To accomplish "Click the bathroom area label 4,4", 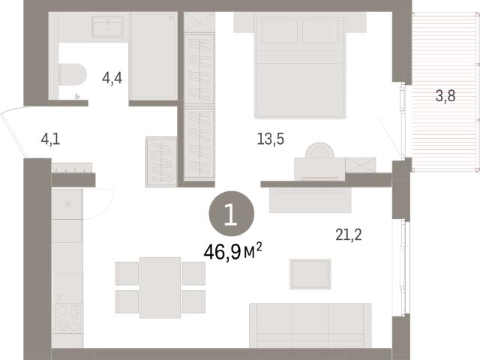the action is (112, 79).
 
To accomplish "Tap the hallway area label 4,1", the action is (50, 139).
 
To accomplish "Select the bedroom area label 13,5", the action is (271, 139).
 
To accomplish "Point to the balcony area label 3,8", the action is (445, 96).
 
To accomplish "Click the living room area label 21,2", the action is (349, 235).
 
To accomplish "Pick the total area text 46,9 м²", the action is (233, 252).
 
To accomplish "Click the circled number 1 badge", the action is (232, 213).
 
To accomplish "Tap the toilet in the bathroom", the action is (72, 74).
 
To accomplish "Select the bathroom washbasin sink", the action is (108, 27).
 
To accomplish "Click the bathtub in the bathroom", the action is (154, 55).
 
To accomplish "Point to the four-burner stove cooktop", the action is (68, 318).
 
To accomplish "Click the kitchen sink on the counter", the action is (67, 204).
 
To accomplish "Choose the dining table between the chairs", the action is (160, 287).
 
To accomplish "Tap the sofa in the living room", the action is (310, 325).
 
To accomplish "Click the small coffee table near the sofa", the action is (310, 274).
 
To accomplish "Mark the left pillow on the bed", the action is (280, 31).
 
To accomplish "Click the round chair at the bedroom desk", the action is (319, 150).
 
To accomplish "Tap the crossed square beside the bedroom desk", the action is (361, 165).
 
